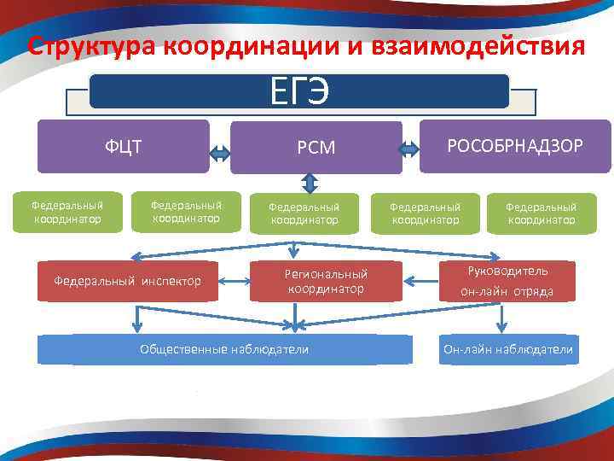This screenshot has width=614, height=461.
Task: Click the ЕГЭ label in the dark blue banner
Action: [298, 91]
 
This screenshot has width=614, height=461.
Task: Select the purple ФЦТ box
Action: [124, 146]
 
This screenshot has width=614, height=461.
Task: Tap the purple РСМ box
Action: [316, 149]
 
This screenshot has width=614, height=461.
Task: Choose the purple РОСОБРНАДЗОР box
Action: [516, 146]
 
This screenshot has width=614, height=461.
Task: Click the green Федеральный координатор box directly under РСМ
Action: [304, 213]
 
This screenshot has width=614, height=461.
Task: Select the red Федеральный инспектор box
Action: [128, 280]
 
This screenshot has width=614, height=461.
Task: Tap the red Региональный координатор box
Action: [327, 281]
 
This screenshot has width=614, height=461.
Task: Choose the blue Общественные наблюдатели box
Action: [224, 349]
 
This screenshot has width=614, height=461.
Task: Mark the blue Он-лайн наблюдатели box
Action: [508, 349]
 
